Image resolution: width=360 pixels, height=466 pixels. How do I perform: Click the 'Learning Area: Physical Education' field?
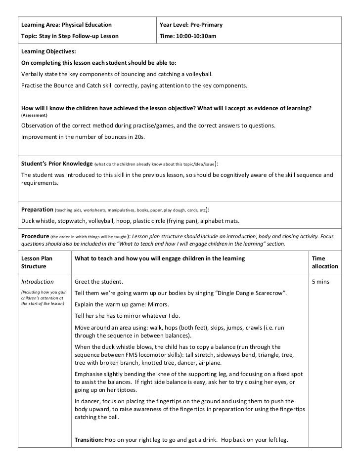click(x=66, y=25)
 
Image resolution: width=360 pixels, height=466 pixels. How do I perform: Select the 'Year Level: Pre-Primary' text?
click(x=190, y=25)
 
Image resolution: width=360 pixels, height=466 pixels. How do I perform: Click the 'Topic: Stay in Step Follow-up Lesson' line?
click(x=69, y=36)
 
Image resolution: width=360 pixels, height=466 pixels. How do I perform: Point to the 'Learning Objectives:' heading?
click(x=48, y=52)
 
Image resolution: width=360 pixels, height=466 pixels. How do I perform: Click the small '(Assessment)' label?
click(x=35, y=115)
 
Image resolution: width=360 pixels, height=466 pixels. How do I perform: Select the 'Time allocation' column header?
click(x=324, y=262)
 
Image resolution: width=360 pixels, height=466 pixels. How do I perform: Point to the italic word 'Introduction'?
click(x=37, y=282)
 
